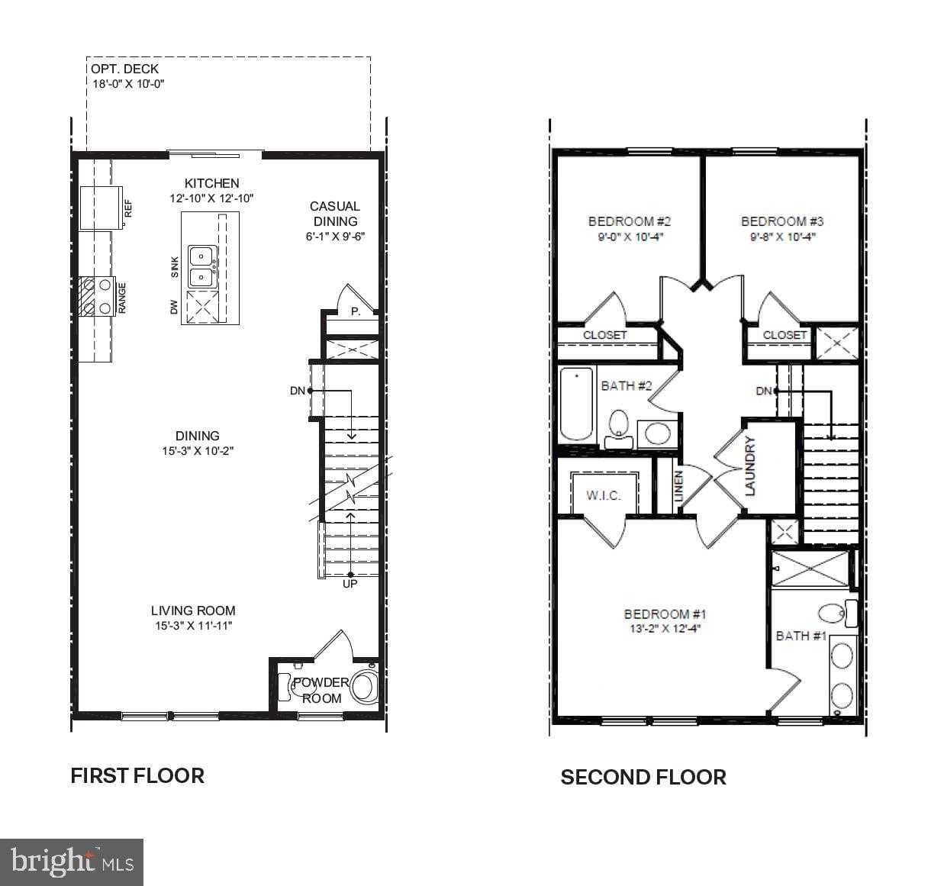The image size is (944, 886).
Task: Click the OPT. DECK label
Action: point(125,69)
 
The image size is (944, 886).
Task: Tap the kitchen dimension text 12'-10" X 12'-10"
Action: point(211,198)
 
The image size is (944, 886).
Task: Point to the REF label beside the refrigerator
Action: point(128,208)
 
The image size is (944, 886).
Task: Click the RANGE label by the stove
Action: point(122,298)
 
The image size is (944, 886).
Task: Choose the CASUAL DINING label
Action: point(334,214)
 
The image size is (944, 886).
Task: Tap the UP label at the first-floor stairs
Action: point(350,584)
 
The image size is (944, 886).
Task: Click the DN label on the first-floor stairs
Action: point(298,391)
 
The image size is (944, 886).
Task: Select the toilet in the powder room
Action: point(364,687)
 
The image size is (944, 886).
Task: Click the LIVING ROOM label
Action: point(193,611)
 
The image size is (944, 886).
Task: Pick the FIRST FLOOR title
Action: point(137,775)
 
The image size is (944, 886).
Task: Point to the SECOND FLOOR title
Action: point(643,777)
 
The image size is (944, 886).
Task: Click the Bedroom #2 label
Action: point(629,221)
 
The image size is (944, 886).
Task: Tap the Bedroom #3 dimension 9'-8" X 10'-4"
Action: point(782,237)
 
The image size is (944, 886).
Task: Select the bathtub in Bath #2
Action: point(577,404)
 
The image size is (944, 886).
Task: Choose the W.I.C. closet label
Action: point(603,495)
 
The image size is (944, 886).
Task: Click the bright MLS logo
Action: point(72,862)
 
